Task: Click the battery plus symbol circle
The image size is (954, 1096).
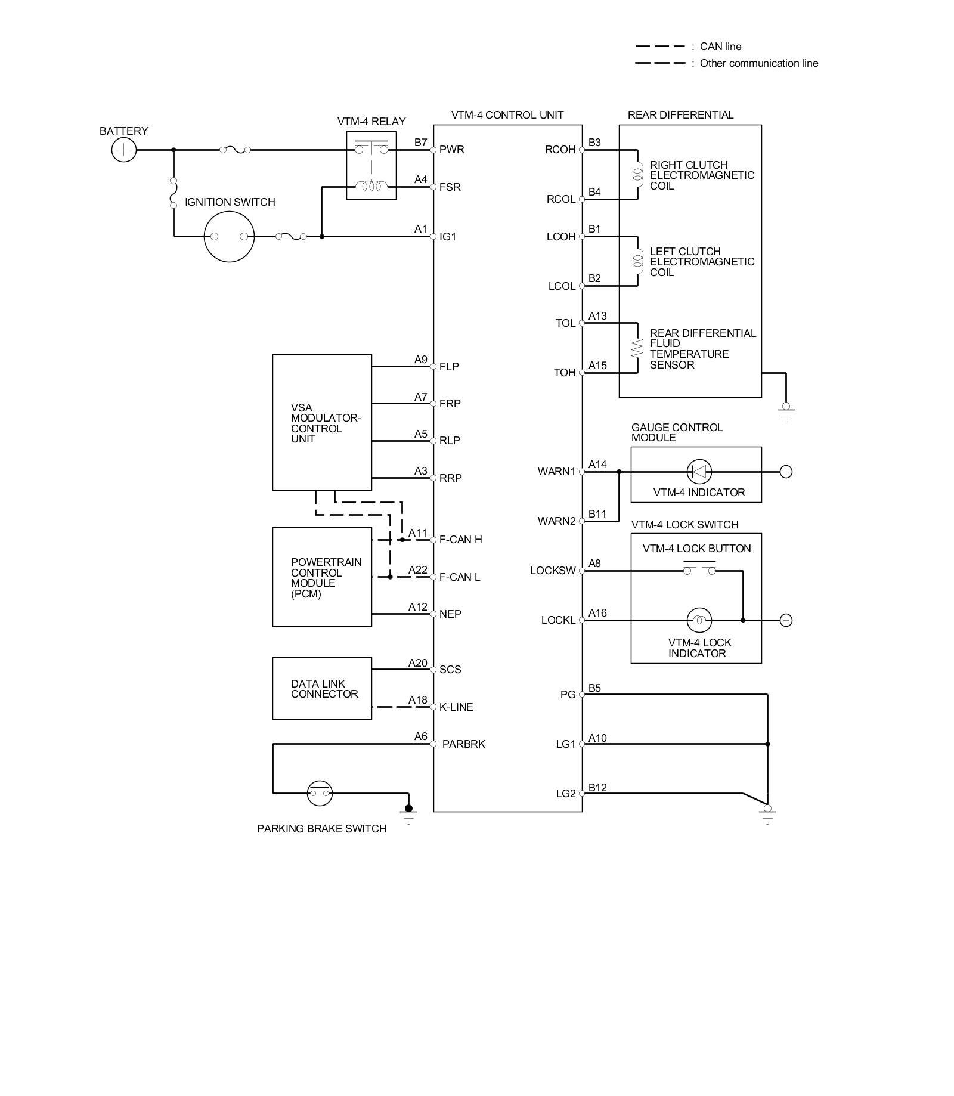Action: (124, 150)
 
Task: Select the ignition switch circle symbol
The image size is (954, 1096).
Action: (229, 237)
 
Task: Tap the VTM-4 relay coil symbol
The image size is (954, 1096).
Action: (371, 187)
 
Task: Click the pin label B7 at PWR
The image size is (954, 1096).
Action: (421, 143)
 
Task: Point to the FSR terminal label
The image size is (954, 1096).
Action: (450, 187)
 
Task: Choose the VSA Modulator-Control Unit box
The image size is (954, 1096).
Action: (322, 422)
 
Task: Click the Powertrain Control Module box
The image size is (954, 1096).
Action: (322, 577)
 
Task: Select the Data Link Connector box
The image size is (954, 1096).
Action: (322, 688)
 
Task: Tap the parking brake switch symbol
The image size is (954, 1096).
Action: (320, 793)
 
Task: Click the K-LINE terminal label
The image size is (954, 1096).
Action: (456, 707)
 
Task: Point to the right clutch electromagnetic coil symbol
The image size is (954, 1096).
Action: (637, 174)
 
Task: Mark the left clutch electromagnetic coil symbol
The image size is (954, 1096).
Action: (637, 261)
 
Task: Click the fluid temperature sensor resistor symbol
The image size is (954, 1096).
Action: (637, 348)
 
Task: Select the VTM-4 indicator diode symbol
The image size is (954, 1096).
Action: (699, 472)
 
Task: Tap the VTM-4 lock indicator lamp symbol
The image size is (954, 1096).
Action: (699, 620)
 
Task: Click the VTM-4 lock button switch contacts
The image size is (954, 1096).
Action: (699, 568)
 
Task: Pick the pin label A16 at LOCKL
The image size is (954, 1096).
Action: (597, 613)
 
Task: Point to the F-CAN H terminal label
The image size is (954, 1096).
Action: (461, 540)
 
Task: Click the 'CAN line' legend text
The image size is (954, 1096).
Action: (721, 47)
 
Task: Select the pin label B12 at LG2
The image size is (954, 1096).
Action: (597, 788)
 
